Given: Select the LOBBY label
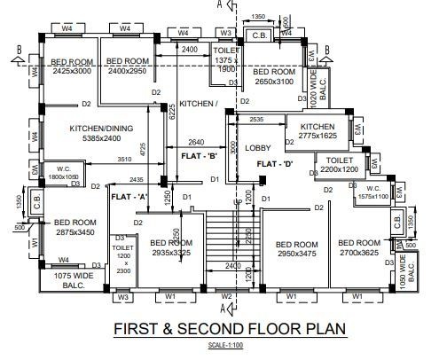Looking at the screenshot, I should (x=258, y=148).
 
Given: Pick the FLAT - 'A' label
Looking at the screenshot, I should (x=128, y=196).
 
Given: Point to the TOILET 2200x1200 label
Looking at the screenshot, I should (x=340, y=163).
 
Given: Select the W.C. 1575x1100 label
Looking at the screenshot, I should (x=372, y=192).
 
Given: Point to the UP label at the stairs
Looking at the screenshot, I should (x=237, y=203).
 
